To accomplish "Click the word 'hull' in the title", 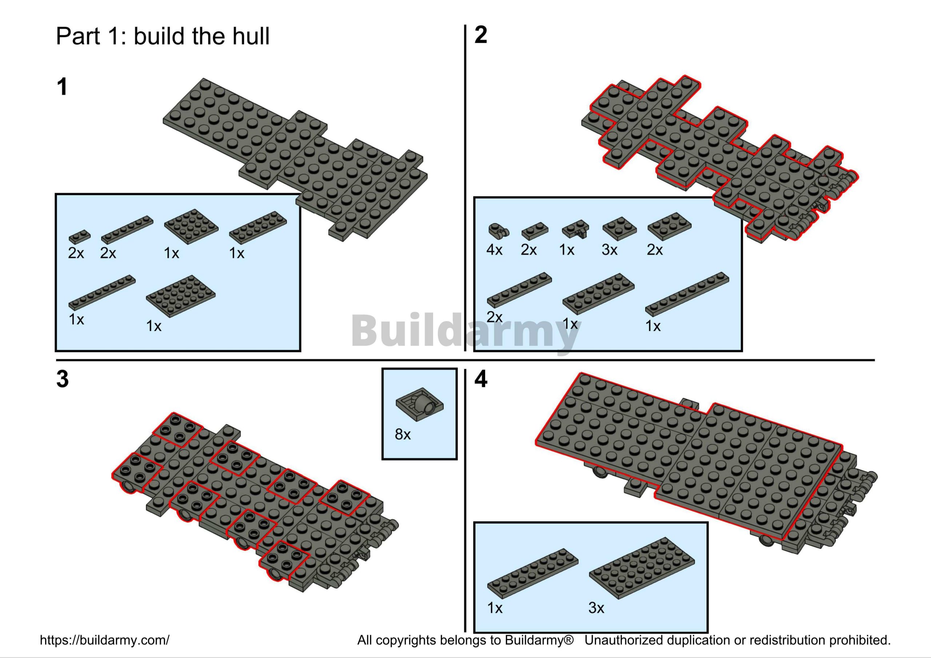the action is pyautogui.click(x=250, y=36).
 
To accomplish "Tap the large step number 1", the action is pyautogui.click(x=62, y=87).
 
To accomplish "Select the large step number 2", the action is pyautogui.click(x=481, y=35).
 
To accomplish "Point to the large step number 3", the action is pyautogui.click(x=63, y=379).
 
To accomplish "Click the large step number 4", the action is pyautogui.click(x=481, y=379).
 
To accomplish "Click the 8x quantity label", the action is pyautogui.click(x=403, y=434).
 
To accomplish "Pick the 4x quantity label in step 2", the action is pyautogui.click(x=494, y=250).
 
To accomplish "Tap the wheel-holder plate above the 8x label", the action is pyautogui.click(x=420, y=405).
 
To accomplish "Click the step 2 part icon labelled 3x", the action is pyautogui.click(x=620, y=229).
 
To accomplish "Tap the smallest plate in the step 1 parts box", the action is pyautogui.click(x=80, y=236).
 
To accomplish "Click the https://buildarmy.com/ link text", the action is pyautogui.click(x=105, y=640).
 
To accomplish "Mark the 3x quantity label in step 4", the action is pyautogui.click(x=596, y=608).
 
